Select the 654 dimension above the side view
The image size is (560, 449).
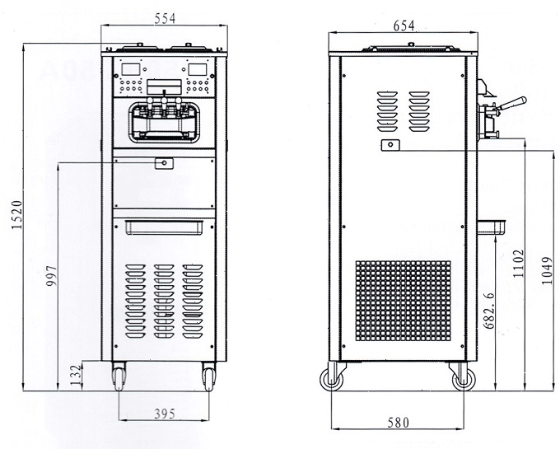404,26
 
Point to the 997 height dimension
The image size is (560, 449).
53,276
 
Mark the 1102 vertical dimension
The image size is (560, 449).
518,264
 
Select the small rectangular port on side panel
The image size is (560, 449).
389,145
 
